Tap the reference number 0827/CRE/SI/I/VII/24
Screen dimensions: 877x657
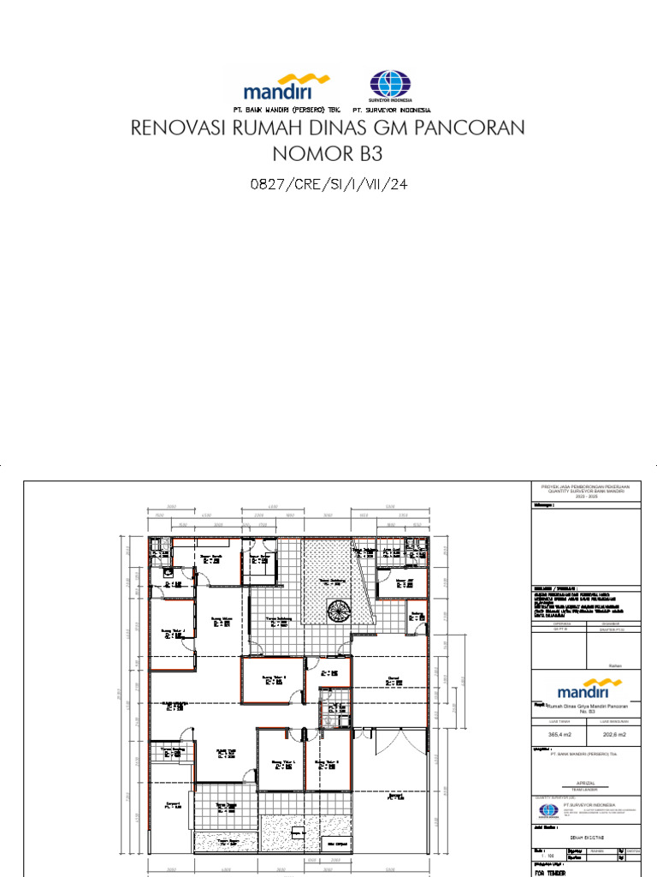(328, 183)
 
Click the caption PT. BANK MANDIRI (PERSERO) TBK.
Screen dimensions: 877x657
(286, 110)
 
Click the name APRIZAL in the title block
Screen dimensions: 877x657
(586, 782)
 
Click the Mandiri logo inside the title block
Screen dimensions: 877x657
(586, 689)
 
